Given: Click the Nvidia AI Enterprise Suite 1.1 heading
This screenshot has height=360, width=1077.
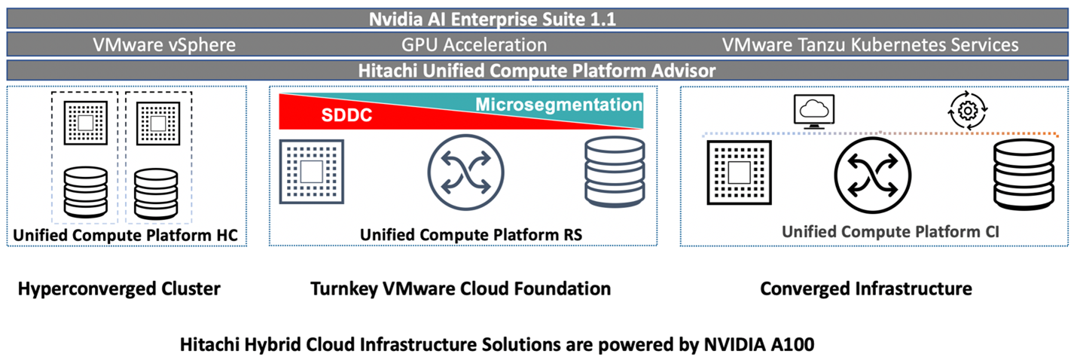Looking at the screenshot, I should pyautogui.click(x=493, y=19).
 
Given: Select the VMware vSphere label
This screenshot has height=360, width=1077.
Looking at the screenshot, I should pyautogui.click(x=164, y=44).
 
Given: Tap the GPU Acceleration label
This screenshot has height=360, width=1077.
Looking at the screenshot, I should pyautogui.click(x=484, y=44).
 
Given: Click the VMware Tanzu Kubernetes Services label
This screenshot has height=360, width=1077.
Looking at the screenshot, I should pyautogui.click(x=870, y=44).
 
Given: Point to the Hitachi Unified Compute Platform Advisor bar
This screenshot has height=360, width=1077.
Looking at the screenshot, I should pyautogui.click(x=538, y=70).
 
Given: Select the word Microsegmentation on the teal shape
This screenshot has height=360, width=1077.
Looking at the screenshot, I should pyautogui.click(x=558, y=104).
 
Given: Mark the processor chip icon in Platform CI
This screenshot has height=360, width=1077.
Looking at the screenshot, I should pyautogui.click(x=740, y=172).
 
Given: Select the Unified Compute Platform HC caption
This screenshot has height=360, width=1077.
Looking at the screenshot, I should pyautogui.click(x=125, y=235).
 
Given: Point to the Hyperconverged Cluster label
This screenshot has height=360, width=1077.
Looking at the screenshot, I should pyautogui.click(x=119, y=288).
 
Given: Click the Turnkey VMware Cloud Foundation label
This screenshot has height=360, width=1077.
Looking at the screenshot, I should pyautogui.click(x=460, y=288).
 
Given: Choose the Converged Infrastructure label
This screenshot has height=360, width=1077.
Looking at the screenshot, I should pyautogui.click(x=866, y=288).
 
